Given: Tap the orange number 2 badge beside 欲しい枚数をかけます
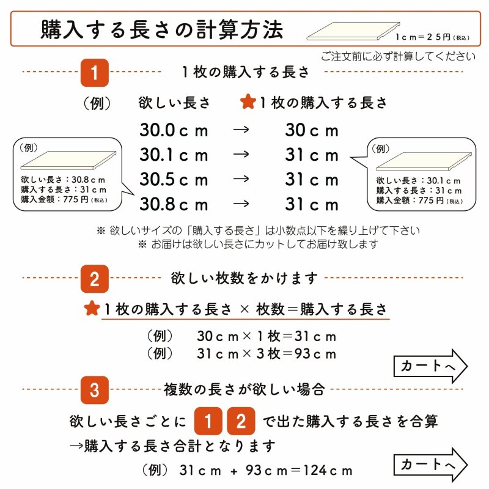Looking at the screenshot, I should coord(95,279).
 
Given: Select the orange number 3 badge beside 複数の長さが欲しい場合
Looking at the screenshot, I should coord(95,389).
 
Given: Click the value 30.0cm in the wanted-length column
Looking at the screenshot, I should coord(174,131).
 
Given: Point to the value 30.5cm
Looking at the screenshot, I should coord(174,180).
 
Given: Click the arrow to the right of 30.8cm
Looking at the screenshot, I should coord(242,204).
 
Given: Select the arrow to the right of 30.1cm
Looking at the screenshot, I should coord(242,155).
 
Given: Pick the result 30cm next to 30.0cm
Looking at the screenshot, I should coord(312,131).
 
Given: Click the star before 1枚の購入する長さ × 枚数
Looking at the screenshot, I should coord(92,309).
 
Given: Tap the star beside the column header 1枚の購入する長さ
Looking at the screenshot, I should coord(248,103).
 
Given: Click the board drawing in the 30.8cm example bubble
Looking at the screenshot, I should coord(67,160).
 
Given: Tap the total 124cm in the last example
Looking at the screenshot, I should coord(327,471).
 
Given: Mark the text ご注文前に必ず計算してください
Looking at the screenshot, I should coord(398,57).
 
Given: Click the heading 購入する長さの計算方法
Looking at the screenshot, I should coord(162,29).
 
